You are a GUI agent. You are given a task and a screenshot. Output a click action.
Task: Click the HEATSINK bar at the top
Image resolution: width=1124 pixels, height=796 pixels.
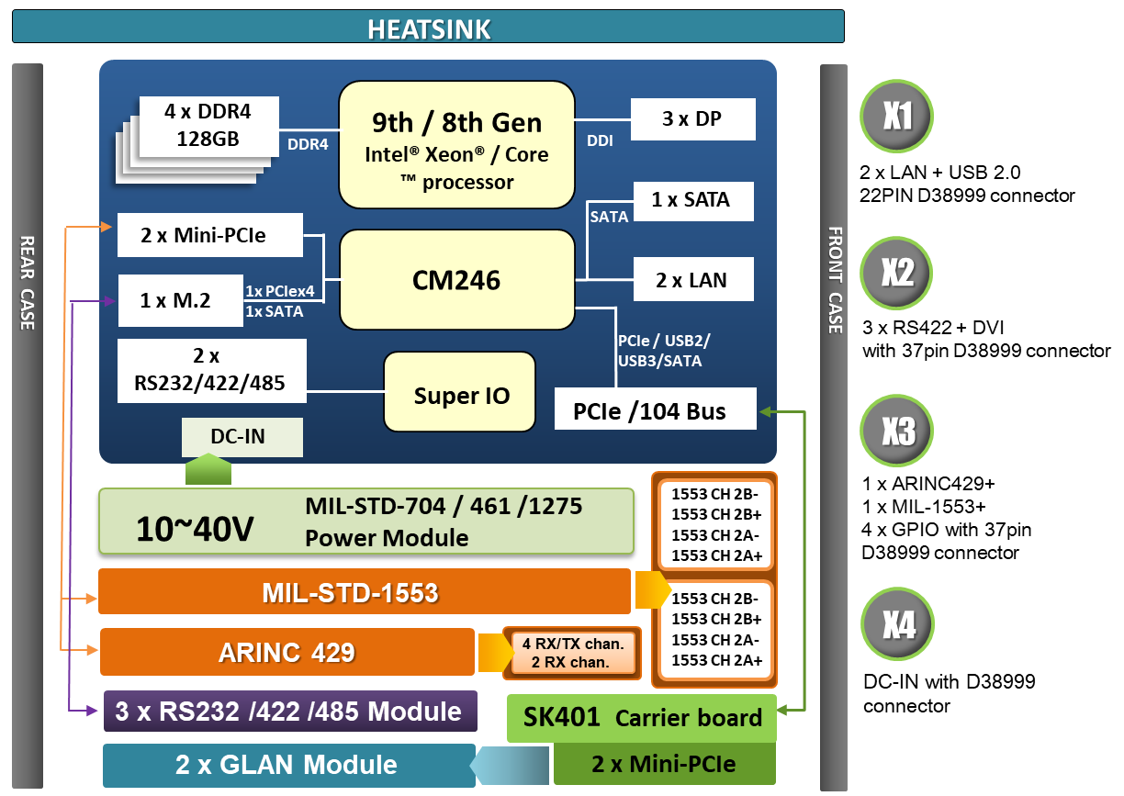click(x=428, y=27)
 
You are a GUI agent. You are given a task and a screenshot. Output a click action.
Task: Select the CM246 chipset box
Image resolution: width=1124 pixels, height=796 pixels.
click(x=456, y=279)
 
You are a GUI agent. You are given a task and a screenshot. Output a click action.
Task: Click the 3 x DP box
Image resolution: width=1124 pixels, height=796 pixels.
click(x=692, y=120)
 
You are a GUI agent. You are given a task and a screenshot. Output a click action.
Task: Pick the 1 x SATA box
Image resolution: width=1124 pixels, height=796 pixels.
click(x=693, y=201)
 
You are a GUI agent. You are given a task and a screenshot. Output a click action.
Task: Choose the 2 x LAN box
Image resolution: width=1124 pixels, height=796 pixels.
click(x=693, y=280)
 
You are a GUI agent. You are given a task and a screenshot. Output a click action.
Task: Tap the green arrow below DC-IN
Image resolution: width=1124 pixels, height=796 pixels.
click(x=208, y=471)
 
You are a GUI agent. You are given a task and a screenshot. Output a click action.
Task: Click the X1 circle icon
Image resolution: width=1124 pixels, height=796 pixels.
click(x=897, y=118)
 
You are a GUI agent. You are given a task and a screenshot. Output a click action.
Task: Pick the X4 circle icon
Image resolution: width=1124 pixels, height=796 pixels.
click(x=897, y=625)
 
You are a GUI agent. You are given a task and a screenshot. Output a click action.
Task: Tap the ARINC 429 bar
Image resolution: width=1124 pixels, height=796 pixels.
click(x=287, y=652)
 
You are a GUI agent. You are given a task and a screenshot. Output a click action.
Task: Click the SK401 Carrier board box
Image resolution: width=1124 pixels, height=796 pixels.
click(x=641, y=718)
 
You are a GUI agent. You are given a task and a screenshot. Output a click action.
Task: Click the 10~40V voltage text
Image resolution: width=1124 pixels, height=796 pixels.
click(x=195, y=528)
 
